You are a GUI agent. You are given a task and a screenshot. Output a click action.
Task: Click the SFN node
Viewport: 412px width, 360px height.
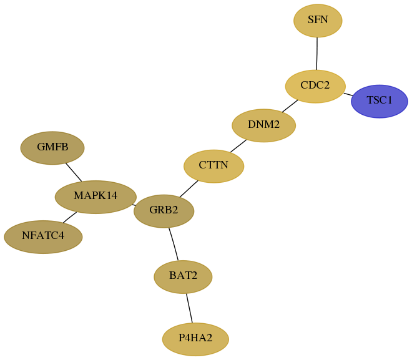tap(318, 21)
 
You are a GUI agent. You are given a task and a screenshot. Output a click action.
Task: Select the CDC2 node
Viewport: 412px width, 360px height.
tap(315, 86)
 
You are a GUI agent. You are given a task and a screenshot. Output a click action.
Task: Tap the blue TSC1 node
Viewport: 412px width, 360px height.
tap(379, 101)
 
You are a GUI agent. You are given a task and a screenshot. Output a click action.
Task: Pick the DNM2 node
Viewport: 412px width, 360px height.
tap(264, 125)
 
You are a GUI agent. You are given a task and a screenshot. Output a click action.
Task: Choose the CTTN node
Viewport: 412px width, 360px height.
tap(213, 166)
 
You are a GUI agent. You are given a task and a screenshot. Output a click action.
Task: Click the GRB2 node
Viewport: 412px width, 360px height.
tap(164, 211)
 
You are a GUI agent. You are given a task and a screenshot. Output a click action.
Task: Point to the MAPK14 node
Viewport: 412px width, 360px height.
tap(96, 197)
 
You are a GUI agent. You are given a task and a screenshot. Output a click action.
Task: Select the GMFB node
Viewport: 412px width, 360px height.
tap(52, 148)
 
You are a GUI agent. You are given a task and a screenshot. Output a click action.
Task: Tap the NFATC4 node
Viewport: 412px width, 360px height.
tap(43, 237)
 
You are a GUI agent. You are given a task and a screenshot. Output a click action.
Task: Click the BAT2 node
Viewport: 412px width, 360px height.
tap(183, 277)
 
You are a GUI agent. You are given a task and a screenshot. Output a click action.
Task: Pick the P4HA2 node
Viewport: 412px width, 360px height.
tap(195, 339)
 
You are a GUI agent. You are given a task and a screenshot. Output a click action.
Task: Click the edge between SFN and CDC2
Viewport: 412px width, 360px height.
tap(317, 54)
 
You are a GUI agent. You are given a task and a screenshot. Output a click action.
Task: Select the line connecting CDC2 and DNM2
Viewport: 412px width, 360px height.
tap(290, 106)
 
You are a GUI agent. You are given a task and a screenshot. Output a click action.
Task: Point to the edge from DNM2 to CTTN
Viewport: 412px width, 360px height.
tap(238, 146)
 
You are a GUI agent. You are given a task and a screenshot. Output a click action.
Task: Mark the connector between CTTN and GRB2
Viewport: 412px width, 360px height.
tap(189, 188)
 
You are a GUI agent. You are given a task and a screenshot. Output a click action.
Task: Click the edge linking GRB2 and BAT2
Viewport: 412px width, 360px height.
tap(174, 244)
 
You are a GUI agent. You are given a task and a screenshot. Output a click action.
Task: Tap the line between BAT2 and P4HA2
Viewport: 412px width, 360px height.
tap(189, 308)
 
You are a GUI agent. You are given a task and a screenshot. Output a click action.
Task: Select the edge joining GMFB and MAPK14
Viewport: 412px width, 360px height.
tap(74, 172)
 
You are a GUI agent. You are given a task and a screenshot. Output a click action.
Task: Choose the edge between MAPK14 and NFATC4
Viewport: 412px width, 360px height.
tap(70, 217)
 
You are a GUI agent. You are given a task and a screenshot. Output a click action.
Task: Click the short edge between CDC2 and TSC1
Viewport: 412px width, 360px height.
tap(348, 94)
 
